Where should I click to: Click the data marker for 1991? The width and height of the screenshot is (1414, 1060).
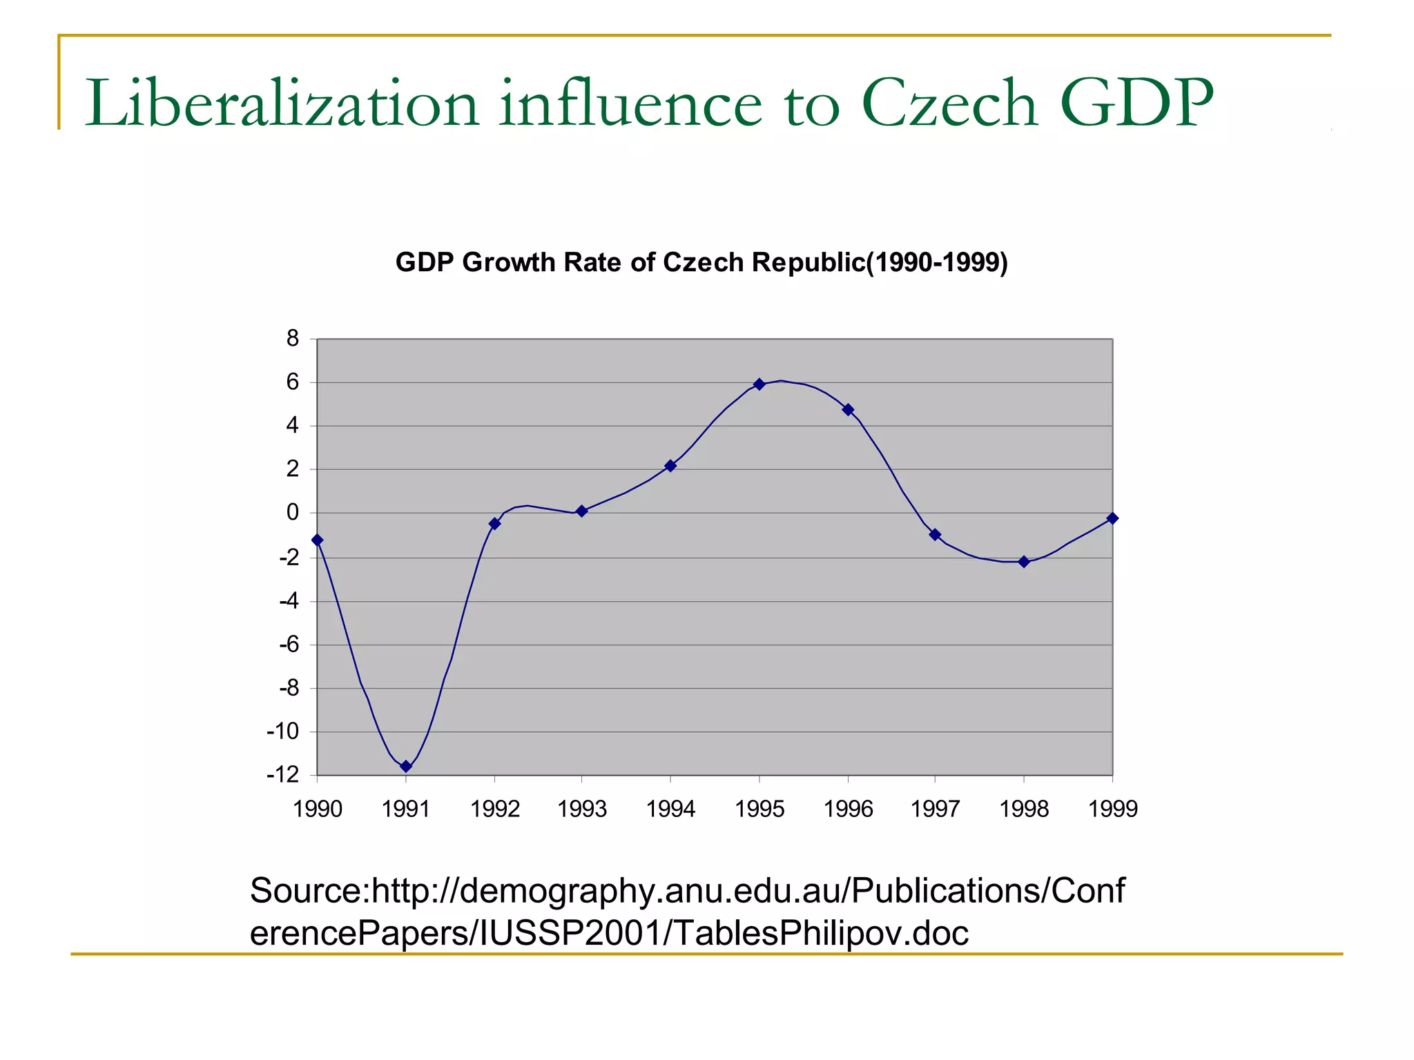(x=406, y=766)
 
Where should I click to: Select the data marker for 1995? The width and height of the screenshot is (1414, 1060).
(x=759, y=384)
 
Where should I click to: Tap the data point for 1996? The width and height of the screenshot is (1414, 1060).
(x=849, y=410)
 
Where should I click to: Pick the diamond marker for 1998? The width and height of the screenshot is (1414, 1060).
(x=1024, y=562)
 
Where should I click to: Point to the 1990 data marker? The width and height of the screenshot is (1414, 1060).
(x=318, y=540)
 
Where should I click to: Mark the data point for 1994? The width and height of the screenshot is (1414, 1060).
(x=670, y=466)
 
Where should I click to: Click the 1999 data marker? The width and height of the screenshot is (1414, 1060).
(x=1112, y=518)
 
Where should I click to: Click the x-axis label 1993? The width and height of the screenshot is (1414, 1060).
(x=582, y=809)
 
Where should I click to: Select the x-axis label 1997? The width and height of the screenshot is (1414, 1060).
(x=936, y=809)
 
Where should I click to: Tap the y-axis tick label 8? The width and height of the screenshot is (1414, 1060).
(x=293, y=338)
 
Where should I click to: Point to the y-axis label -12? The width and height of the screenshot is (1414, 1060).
(x=283, y=775)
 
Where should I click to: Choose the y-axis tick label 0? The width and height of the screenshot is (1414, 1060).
(x=293, y=513)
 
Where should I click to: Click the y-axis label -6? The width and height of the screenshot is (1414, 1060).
(x=289, y=645)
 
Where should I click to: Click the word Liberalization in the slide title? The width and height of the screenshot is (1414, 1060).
(x=282, y=104)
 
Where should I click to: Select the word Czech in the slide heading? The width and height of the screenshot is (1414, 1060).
(x=949, y=104)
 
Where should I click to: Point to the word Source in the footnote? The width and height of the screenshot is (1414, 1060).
(x=305, y=890)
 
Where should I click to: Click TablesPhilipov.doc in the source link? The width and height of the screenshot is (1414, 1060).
(x=821, y=933)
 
